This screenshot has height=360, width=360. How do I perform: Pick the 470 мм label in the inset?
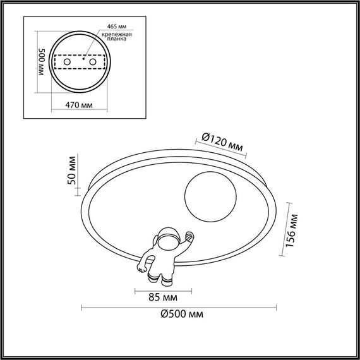click(x=79, y=105)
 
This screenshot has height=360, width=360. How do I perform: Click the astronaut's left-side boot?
click(x=154, y=276)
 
